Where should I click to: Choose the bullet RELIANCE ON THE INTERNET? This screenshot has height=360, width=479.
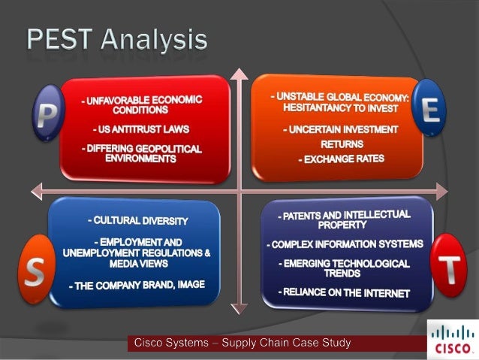[346, 292]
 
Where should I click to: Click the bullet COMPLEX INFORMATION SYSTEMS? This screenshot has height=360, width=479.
[345, 244]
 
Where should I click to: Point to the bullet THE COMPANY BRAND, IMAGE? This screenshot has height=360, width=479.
[137, 285]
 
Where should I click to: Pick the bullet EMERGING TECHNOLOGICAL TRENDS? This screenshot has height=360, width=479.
[345, 268]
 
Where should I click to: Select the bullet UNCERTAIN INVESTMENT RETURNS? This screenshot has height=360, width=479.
[341, 136]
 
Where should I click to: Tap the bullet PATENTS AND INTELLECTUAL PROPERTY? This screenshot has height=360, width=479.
[345, 219]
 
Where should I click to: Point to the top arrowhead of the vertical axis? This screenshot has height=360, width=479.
[239, 72]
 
